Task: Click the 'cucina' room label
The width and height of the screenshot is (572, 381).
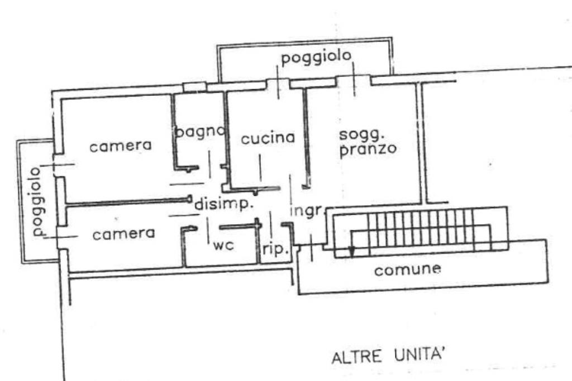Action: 268,138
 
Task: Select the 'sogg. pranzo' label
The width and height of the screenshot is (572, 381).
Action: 368,142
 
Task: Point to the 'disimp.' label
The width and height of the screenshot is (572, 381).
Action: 224,205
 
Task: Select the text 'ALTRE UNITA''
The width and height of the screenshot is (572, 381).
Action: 388,356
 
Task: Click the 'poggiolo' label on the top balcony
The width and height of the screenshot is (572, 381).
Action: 316,57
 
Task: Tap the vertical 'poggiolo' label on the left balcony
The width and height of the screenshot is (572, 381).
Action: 37,201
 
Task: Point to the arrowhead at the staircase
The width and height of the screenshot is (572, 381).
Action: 351,252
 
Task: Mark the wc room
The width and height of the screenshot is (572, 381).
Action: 222,254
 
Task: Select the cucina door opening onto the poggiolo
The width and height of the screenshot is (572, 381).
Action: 278,85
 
